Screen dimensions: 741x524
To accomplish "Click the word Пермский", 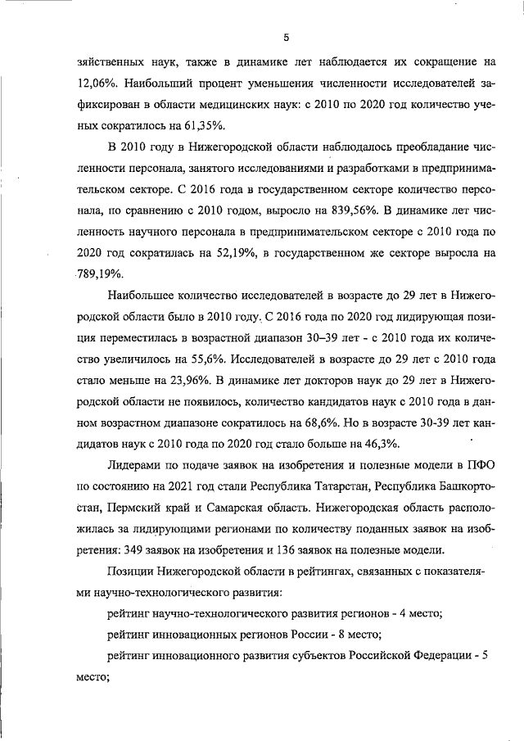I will (149, 508).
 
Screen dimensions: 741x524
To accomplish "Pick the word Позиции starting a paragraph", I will (131, 572).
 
